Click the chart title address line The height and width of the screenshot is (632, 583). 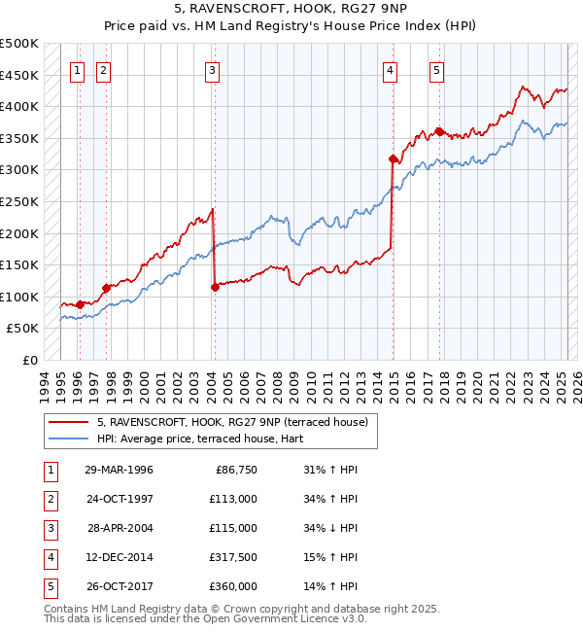291,11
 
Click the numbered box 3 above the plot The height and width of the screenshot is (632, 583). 212,69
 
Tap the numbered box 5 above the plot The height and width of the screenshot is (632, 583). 437,69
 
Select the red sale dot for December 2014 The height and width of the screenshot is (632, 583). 393,158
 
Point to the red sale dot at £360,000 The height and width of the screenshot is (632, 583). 440,132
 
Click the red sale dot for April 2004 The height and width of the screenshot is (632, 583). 215,286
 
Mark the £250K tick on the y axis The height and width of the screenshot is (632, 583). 20,201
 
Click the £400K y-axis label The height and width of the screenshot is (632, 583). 20,107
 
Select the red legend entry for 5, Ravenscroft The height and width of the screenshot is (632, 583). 231,422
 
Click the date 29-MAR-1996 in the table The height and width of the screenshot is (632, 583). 119,470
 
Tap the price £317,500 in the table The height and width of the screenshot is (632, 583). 233,557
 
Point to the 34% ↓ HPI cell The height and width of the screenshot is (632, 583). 331,528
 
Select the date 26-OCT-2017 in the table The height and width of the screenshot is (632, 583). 119,586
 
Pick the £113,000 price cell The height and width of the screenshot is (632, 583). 233,499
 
